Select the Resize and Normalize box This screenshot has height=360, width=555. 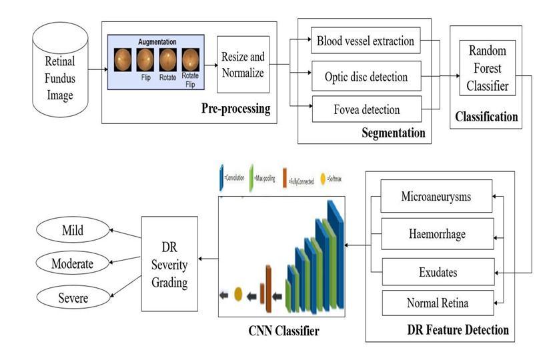(243, 64)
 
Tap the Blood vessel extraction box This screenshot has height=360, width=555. (366, 41)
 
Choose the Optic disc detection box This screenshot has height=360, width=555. (366, 77)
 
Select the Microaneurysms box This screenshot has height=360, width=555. (437, 197)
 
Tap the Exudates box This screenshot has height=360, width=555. (437, 272)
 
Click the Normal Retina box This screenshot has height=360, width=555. (437, 303)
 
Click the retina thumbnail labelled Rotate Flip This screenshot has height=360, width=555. (190, 61)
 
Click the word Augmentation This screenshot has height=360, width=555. (158, 41)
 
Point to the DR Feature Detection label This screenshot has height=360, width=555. (458, 329)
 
